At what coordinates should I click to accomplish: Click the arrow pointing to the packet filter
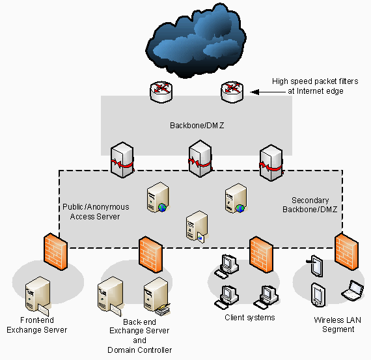pos(260,92)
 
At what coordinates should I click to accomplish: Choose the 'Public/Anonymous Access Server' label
pos(96,212)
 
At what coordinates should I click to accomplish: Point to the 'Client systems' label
pos(249,318)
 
